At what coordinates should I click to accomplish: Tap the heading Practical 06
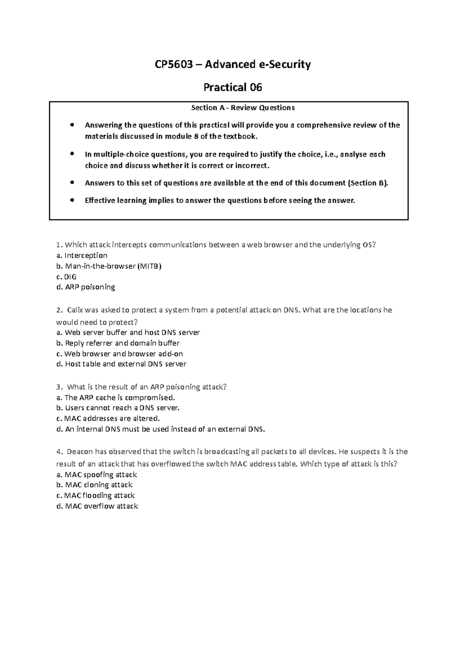point(232,87)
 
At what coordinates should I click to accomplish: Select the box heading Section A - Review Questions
point(243,108)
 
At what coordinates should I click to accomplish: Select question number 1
point(59,245)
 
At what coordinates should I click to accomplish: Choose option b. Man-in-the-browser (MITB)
point(108,266)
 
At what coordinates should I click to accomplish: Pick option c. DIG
point(66,277)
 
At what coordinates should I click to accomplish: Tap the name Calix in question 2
point(75,310)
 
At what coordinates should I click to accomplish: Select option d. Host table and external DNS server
point(121,364)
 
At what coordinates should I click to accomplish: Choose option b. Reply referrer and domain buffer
point(118,343)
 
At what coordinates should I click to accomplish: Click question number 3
point(59,387)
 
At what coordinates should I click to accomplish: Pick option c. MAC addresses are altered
point(108,419)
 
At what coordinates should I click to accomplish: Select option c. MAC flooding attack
point(95,496)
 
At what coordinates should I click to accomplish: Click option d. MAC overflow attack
point(97,506)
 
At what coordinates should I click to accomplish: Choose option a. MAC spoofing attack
point(96,475)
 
